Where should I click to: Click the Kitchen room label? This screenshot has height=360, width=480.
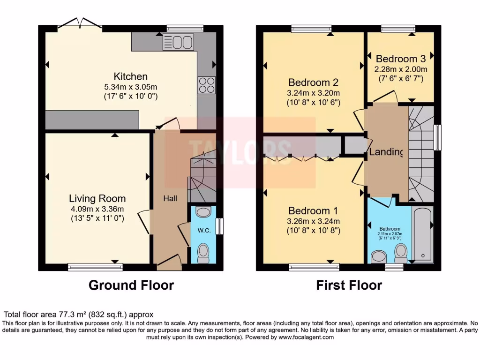[130, 76]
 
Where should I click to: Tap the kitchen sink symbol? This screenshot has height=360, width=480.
[172, 42]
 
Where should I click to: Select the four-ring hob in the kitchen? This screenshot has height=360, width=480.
[207, 85]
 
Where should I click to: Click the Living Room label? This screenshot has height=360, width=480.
[97, 198]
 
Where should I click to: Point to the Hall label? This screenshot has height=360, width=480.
[170, 199]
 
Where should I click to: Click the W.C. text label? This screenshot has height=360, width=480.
[202, 230]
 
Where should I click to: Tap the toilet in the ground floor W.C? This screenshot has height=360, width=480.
[203, 253]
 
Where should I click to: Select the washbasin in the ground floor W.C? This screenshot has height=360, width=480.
[203, 212]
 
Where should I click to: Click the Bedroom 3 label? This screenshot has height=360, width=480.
[400, 59]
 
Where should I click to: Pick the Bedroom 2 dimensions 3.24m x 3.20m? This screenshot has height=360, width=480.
[314, 93]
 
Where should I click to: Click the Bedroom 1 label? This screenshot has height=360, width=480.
[313, 210]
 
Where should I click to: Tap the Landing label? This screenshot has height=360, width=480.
[386, 152]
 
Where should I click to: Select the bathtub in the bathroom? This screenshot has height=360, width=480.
[423, 234]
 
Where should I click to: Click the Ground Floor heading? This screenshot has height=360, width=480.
[131, 285]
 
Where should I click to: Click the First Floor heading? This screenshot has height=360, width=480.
[349, 285]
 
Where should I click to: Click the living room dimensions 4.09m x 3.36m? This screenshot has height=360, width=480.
[97, 209]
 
